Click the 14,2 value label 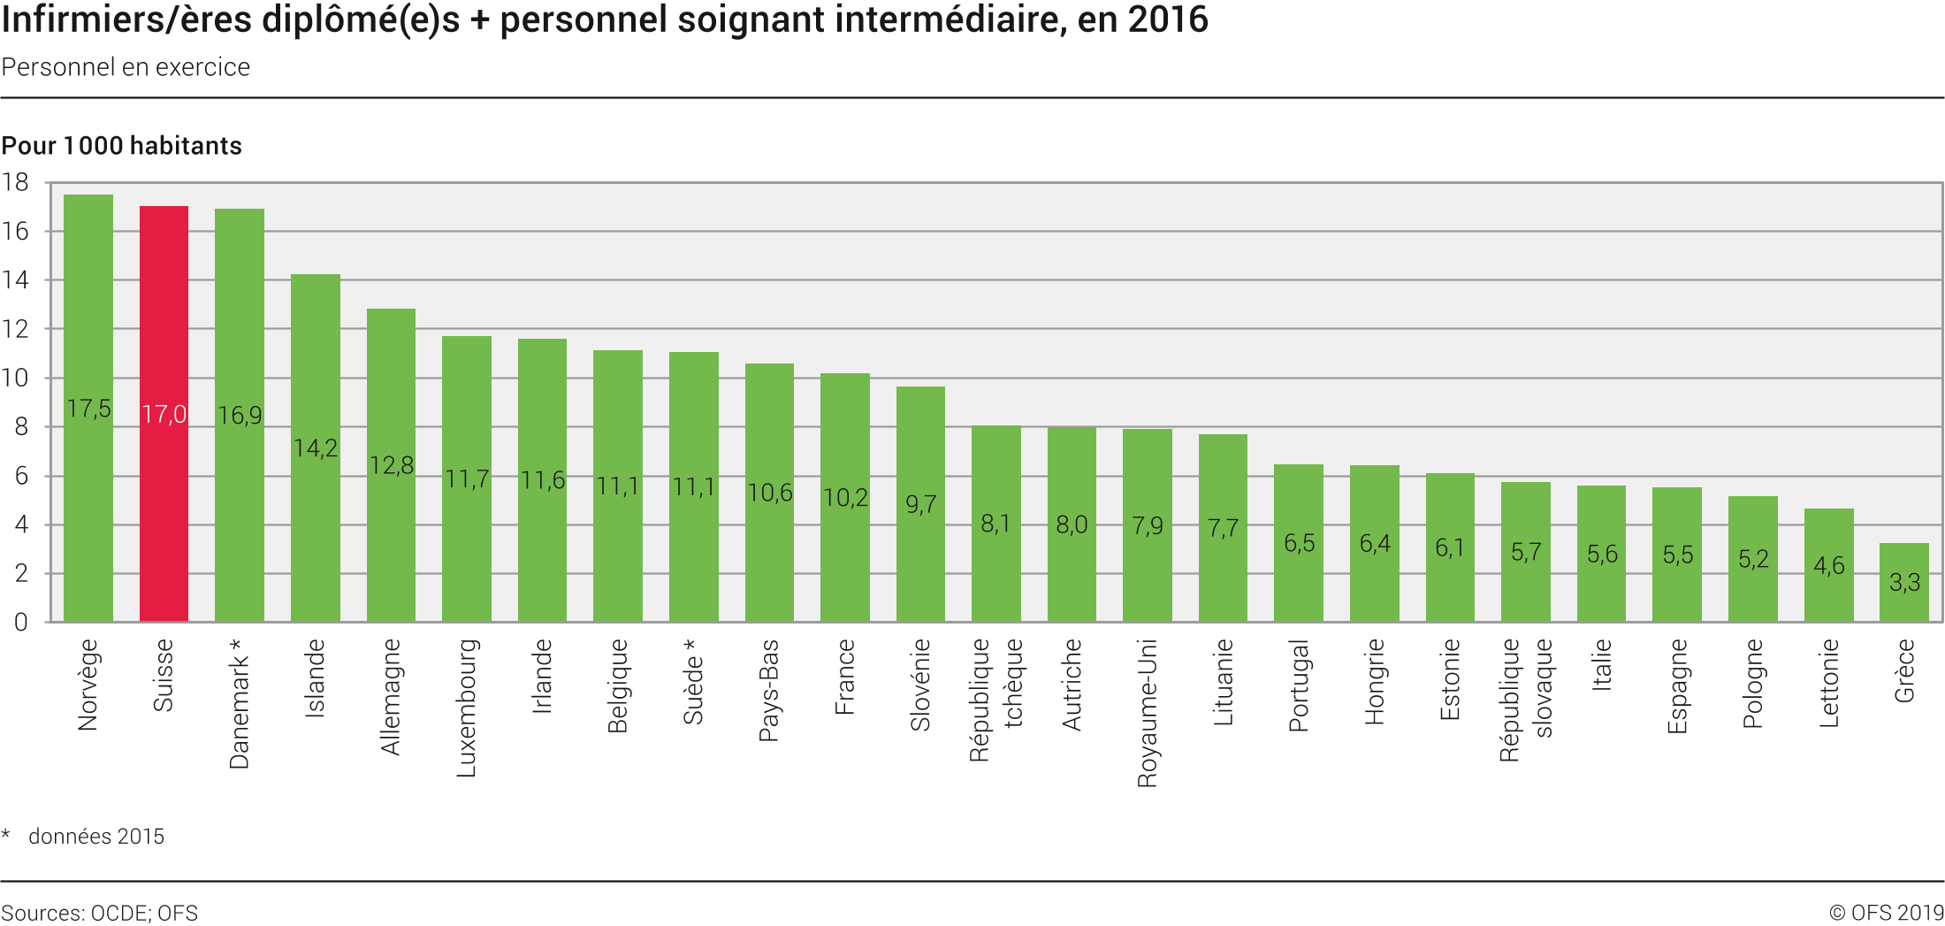316,448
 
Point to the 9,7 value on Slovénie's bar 920,504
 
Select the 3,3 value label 1904,582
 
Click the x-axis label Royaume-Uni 1147,712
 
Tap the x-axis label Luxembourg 466,708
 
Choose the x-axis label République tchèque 995,699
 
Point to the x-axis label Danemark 239,703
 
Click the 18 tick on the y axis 15,183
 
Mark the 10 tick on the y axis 15,379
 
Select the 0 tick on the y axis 20,623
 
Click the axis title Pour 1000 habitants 122,146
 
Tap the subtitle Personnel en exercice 126,67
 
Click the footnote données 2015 96,837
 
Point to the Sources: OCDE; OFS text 100,913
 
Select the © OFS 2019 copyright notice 1886,913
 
